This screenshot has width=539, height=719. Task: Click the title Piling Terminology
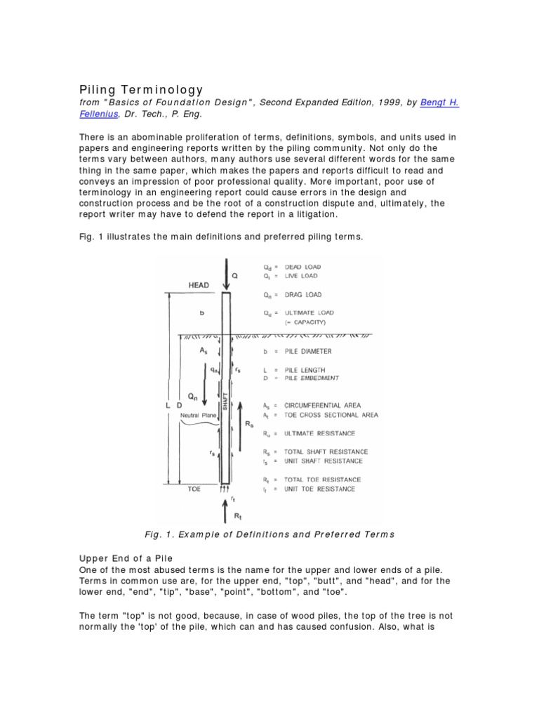140,90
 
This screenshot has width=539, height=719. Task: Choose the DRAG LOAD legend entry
304,295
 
